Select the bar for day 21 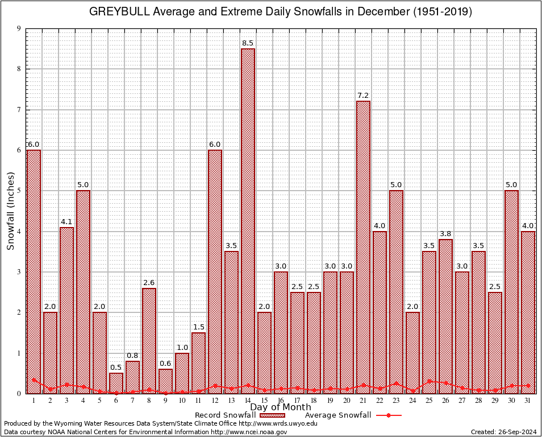coord(363,247)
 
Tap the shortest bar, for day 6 coord(116,383)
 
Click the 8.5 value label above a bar coord(248,43)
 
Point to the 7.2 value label coord(363,96)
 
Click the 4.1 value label coord(66,222)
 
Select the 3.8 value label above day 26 coord(445,234)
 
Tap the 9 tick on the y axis coord(19,28)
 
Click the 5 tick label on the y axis coord(19,191)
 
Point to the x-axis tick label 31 coord(528,401)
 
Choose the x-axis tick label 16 coord(281,401)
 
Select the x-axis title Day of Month coord(281,407)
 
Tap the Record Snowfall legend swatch coord(279,415)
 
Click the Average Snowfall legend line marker coord(388,415)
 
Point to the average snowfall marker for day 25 coord(429,381)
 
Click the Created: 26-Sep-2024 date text coord(504,432)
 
